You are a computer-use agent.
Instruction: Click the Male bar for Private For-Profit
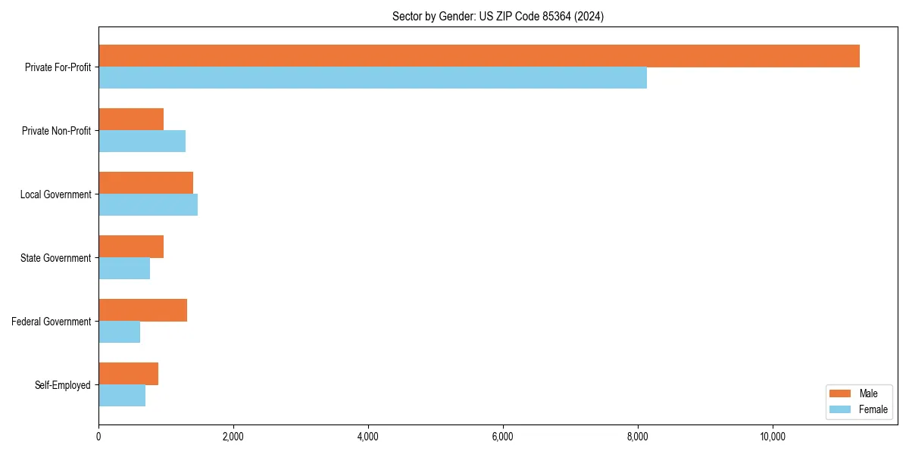479,56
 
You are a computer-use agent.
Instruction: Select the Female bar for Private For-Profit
373,78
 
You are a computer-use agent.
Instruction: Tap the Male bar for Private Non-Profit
131,120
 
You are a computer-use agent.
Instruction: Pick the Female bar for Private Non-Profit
142,141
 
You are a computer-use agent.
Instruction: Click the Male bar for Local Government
145,183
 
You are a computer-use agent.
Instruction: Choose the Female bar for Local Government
148,205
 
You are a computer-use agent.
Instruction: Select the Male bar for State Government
131,247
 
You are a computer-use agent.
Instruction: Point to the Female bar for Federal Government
119,332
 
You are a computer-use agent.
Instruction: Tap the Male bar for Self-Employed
128,374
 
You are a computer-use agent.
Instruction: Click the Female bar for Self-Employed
122,396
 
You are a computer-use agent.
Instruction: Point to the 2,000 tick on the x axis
233,437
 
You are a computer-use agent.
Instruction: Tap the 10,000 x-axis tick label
773,437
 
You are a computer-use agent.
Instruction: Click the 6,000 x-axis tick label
503,437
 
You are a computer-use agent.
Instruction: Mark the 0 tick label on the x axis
98,437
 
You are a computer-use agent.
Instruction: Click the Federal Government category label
52,322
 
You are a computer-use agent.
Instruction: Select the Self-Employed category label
63,385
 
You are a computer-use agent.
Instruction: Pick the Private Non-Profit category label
56,131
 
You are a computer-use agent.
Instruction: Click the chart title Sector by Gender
498,16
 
